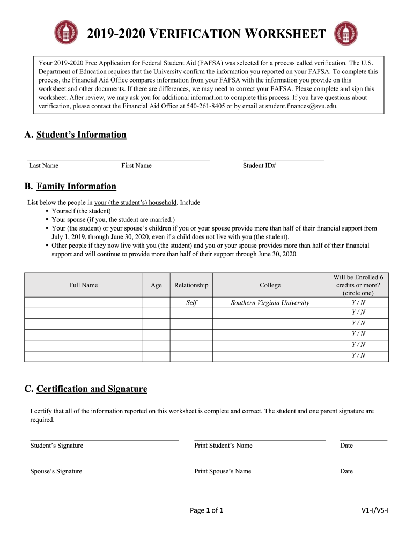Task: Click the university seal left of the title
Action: tap(66, 33)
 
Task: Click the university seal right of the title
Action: tap(346, 33)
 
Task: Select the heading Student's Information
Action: tap(81, 135)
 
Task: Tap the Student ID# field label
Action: tap(259, 166)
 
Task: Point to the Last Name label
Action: tap(43, 166)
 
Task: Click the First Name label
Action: tap(136, 166)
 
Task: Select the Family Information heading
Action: tap(76, 186)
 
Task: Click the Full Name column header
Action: tap(83, 285)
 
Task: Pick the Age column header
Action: tap(156, 285)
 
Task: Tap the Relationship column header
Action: tap(191, 285)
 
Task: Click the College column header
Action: tap(270, 285)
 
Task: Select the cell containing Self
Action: tap(191, 303)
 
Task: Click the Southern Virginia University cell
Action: tap(270, 303)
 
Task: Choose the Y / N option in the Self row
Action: tap(358, 302)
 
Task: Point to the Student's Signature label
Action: tap(57, 446)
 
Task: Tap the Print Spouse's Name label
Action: tap(223, 471)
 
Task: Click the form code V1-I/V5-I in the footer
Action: tap(374, 510)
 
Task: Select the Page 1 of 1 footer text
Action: tap(206, 510)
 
